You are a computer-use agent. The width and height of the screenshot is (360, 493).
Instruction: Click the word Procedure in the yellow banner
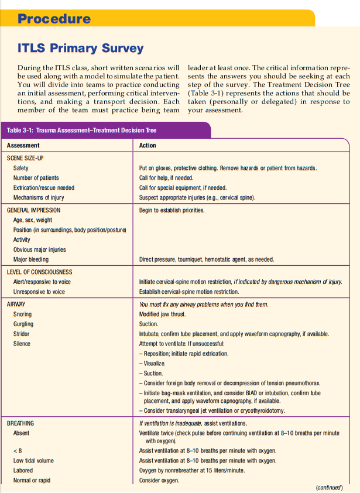(x=54, y=18)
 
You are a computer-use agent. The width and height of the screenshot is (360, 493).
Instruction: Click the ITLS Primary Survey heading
(x=81, y=48)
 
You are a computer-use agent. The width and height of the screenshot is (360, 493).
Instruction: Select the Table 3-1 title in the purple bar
(x=81, y=130)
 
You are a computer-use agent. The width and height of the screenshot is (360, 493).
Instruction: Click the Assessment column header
(x=23, y=145)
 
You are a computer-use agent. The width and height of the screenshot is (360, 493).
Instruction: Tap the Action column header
(x=148, y=145)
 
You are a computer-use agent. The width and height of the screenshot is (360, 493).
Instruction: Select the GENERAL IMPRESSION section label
(x=33, y=210)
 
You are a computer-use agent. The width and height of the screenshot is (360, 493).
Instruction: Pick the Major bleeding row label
(x=31, y=259)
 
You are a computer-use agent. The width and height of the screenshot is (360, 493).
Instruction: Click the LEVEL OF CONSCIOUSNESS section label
(x=39, y=272)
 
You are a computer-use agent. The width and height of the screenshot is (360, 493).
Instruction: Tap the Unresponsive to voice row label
(x=39, y=292)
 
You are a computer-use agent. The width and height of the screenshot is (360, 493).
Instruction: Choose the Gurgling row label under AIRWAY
(x=23, y=324)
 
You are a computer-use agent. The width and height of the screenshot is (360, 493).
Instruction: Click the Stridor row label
(x=21, y=334)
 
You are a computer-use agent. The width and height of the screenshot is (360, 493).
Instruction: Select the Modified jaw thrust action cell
(x=162, y=314)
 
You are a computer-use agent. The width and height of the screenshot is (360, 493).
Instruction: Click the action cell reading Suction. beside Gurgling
(x=149, y=324)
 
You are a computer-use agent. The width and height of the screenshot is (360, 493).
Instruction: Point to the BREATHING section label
(x=20, y=423)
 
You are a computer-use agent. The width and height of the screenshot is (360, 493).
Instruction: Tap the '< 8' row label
(x=17, y=450)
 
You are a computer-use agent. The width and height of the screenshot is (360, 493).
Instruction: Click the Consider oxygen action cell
(x=159, y=480)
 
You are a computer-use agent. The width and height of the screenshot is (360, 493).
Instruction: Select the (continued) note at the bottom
(x=329, y=487)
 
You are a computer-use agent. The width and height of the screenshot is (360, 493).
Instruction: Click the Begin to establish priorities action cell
(x=172, y=210)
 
